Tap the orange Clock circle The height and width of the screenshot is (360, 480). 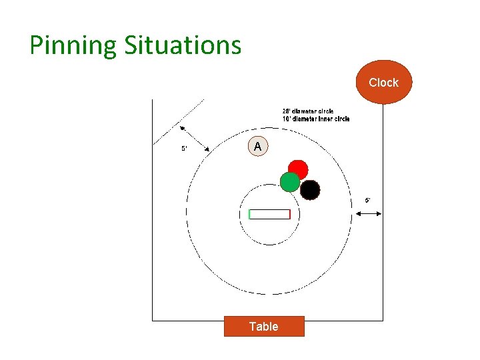pyautogui.click(x=383, y=82)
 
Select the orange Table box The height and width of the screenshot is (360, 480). pyautogui.click(x=264, y=326)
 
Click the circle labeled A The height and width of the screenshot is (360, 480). pyautogui.click(x=257, y=146)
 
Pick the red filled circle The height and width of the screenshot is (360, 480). pyautogui.click(x=298, y=169)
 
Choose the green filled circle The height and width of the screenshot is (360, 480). pyautogui.click(x=289, y=181)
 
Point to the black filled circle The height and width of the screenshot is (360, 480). pyautogui.click(x=310, y=190)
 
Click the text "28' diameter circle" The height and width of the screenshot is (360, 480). pyautogui.click(x=307, y=111)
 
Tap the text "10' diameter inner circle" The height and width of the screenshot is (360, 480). pyautogui.click(x=315, y=119)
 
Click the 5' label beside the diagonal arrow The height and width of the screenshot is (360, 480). pyautogui.click(x=184, y=149)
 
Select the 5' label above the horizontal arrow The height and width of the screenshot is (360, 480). pyautogui.click(x=367, y=200)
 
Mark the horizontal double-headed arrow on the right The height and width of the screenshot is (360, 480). pyautogui.click(x=369, y=213)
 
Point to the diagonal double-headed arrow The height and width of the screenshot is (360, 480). pyautogui.click(x=194, y=137)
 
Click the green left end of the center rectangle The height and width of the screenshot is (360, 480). pyautogui.click(x=249, y=214)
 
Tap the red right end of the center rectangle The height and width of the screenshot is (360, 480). pyautogui.click(x=290, y=214)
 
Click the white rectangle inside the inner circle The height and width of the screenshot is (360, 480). pyautogui.click(x=269, y=214)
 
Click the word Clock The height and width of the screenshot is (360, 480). pyautogui.click(x=383, y=83)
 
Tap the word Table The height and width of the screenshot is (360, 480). pyautogui.click(x=264, y=326)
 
